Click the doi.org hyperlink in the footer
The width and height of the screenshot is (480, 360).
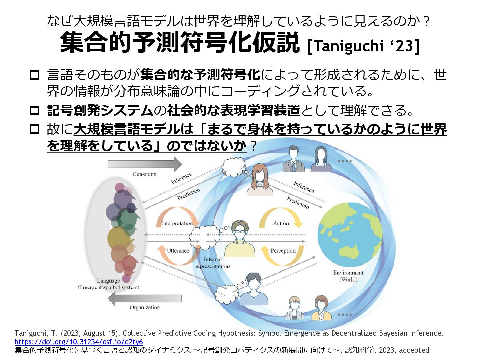click(79, 342)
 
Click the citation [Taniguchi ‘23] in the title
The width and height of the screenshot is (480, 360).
click(364, 46)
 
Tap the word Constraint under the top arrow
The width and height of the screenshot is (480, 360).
click(144, 174)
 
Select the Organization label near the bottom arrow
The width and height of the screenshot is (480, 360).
click(144, 307)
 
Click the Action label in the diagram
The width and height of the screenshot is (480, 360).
click(281, 223)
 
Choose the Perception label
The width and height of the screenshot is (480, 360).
click(283, 251)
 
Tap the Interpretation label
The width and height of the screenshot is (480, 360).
click(177, 223)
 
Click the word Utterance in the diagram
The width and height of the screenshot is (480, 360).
click(178, 251)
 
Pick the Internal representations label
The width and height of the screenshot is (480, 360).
click(213, 263)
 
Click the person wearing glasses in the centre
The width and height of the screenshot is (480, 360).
click(240, 238)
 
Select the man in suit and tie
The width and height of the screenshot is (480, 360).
click(293, 159)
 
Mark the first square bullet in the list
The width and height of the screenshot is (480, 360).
click(35, 75)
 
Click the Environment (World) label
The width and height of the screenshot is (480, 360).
click(348, 276)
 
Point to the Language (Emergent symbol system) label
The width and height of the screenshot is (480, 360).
click(108, 284)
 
